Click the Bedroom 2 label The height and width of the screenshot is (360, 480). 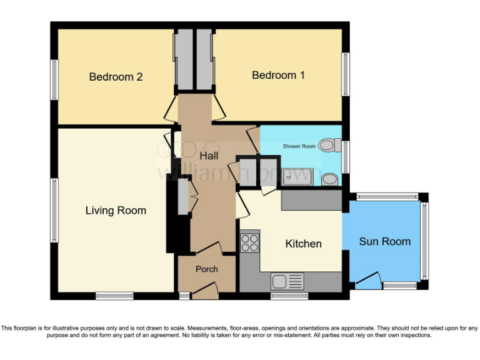click(116, 77)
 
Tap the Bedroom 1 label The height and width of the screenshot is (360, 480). click(278, 75)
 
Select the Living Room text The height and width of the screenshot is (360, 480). click(116, 211)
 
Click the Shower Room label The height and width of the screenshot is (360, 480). click(299, 146)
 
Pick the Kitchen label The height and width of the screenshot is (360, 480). click(303, 244)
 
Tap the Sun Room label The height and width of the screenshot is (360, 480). click(384, 241)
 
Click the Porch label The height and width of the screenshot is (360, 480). click(207, 269)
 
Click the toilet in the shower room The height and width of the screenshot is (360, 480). click(329, 146)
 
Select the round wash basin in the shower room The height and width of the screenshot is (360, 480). click(329, 180)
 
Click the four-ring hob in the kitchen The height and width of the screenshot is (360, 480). click(250, 242)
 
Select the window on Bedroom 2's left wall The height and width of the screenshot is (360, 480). click(54, 79)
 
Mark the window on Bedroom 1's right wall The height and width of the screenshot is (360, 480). click(345, 74)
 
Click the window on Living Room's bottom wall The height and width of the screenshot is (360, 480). click(114, 296)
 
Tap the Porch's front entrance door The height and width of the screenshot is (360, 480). click(204, 290)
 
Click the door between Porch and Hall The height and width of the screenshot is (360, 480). click(207, 248)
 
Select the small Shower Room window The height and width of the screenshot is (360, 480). click(345, 156)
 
